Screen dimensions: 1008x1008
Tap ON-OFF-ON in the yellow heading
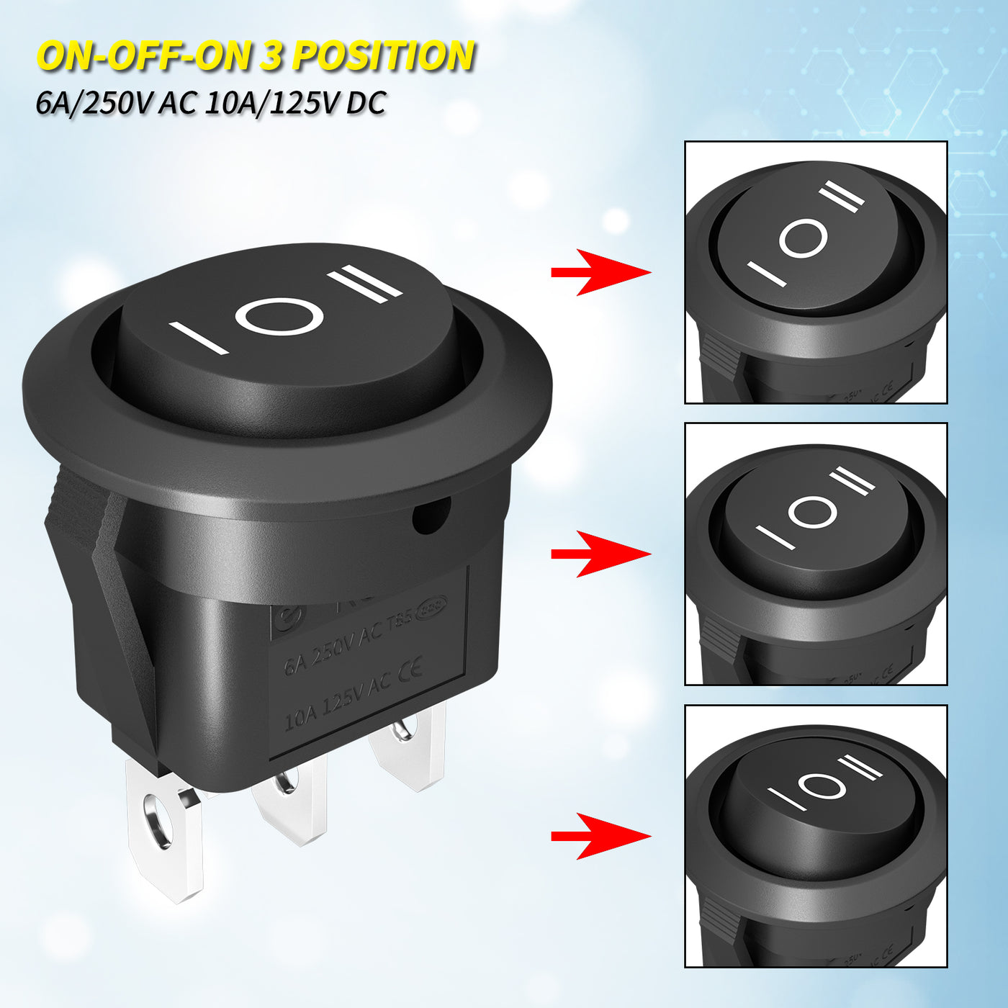point(144,56)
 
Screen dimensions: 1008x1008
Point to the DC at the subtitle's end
point(366,104)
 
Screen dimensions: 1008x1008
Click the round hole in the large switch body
point(431,517)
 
